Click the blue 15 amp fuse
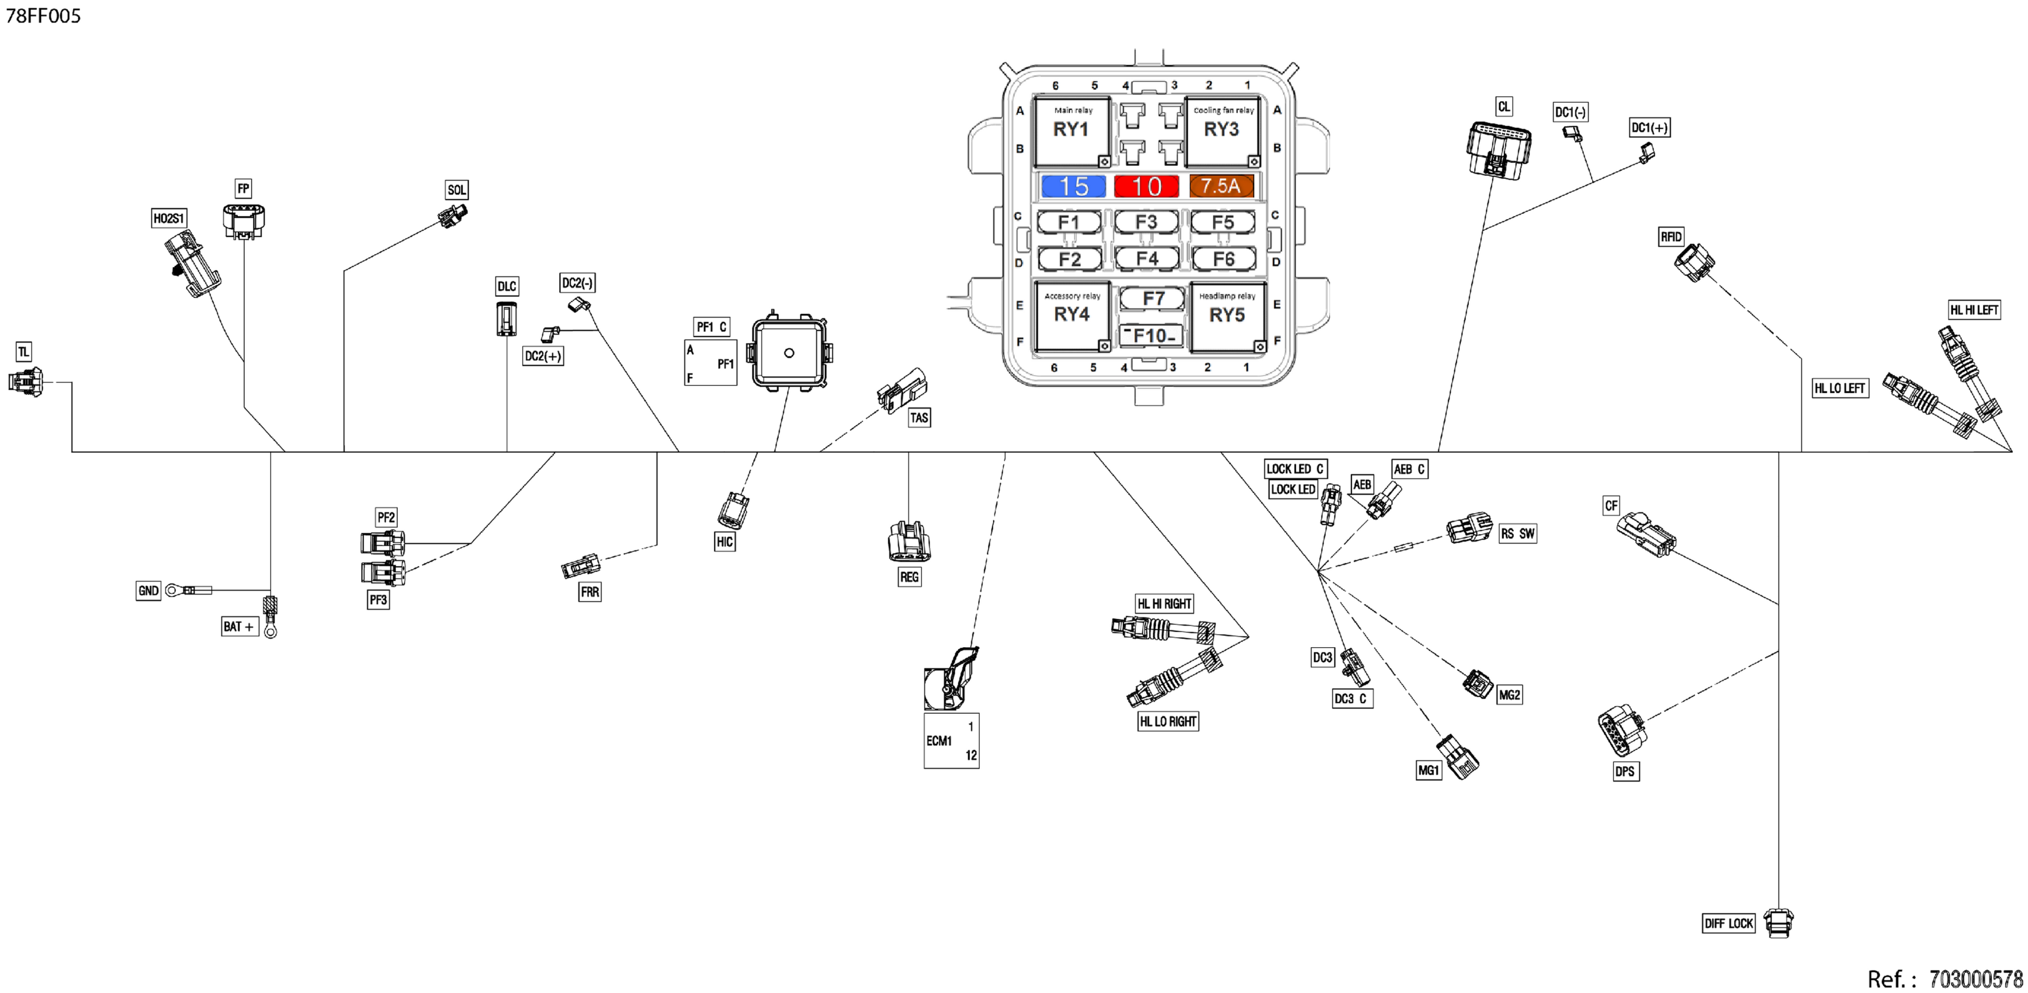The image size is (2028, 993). [1073, 186]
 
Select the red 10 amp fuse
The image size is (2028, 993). [1146, 186]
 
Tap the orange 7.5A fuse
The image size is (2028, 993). [1221, 186]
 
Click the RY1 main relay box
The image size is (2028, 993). [1072, 131]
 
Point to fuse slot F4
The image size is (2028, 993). [1147, 258]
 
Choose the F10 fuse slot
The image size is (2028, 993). [1152, 336]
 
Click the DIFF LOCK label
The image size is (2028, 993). [1728, 923]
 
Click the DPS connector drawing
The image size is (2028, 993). [1622, 730]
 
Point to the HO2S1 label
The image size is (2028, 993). [168, 218]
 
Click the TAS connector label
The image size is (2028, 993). [918, 418]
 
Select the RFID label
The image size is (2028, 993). [1670, 237]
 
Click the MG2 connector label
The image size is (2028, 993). [1509, 695]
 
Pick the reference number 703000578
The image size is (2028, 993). [1975, 980]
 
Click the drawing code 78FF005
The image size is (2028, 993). [43, 16]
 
